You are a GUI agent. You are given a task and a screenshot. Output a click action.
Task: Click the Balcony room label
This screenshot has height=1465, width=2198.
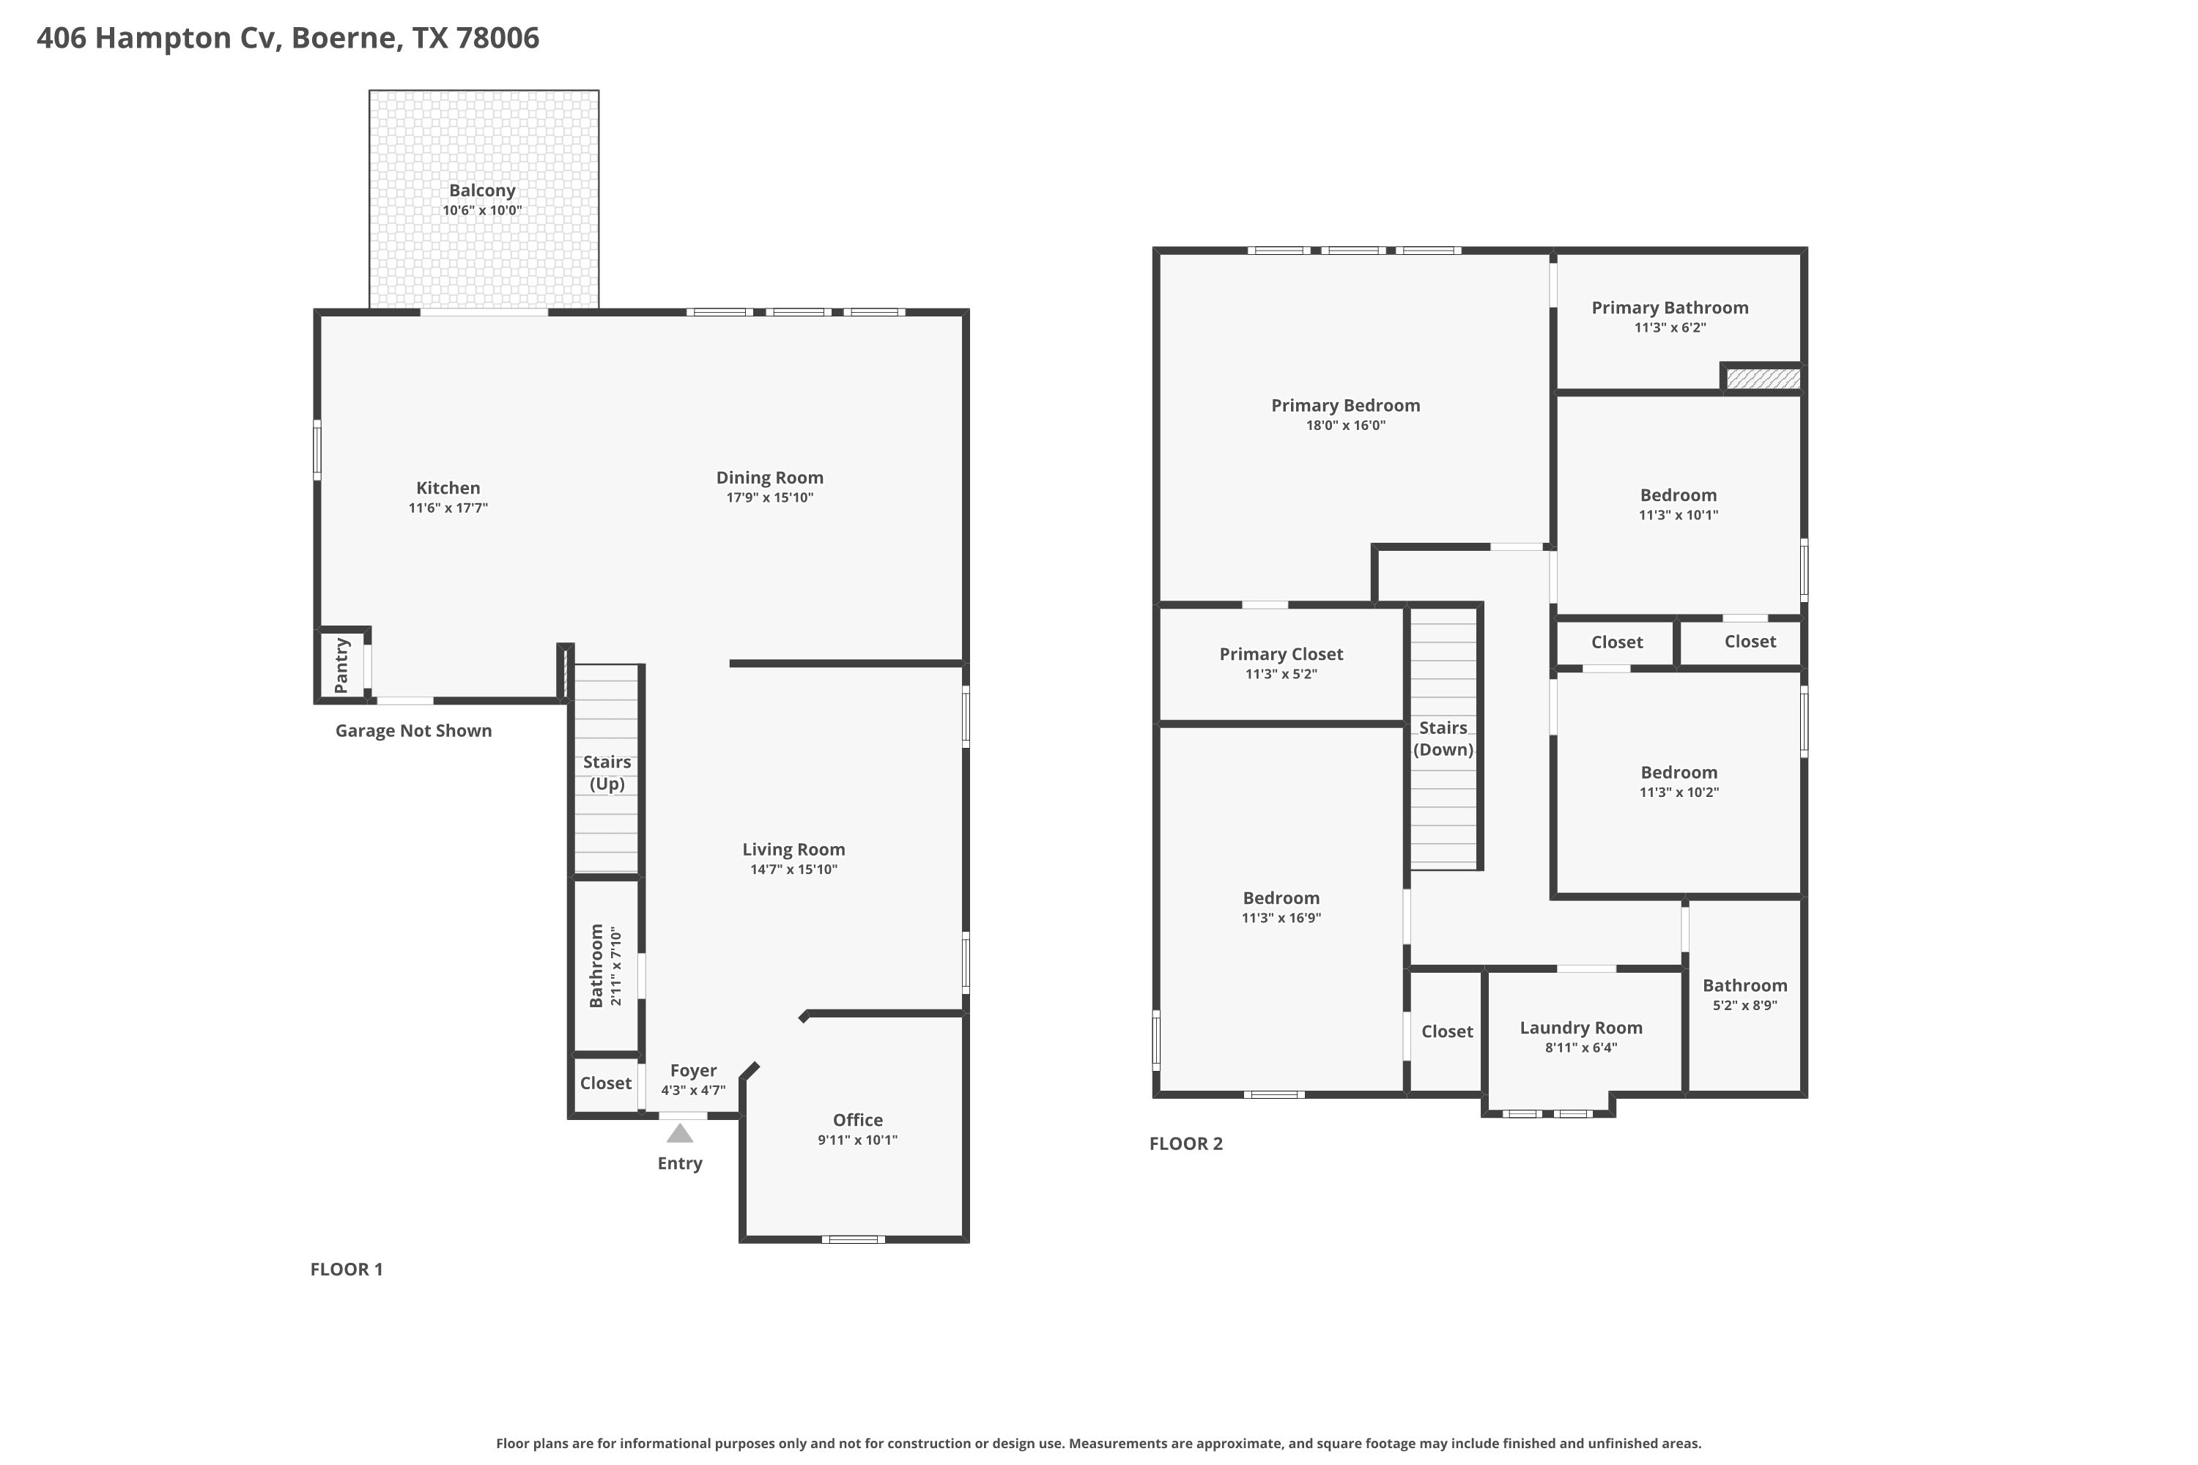click(482, 190)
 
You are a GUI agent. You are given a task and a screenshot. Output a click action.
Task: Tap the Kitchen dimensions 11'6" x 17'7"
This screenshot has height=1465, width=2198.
click(448, 508)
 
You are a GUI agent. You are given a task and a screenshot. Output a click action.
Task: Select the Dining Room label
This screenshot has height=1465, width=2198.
click(769, 478)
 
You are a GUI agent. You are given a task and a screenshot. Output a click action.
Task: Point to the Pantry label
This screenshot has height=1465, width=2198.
click(341, 665)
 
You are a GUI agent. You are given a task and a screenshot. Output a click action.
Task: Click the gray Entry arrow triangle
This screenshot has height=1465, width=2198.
click(679, 1133)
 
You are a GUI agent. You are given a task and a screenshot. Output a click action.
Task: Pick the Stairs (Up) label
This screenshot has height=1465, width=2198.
click(607, 773)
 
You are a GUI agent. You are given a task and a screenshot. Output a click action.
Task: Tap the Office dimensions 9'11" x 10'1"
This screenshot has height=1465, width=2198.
click(858, 1140)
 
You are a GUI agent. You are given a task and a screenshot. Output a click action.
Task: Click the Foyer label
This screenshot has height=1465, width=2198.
click(693, 1071)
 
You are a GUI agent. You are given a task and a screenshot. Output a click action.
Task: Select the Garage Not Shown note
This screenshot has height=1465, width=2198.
click(413, 730)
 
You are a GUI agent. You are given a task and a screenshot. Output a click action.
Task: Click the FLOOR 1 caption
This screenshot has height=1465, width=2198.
click(347, 1269)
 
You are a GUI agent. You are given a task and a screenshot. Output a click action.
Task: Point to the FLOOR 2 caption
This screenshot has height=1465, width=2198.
click(1186, 1143)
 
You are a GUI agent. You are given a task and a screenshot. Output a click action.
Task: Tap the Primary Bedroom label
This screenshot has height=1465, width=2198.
click(1346, 406)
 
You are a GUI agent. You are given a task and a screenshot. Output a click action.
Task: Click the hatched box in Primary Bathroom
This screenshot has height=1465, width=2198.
click(1763, 379)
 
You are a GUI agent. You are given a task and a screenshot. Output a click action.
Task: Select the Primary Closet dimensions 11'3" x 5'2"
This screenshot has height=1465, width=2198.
click(1281, 675)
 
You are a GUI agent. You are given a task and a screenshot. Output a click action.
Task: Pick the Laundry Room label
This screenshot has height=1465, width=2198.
click(1581, 1028)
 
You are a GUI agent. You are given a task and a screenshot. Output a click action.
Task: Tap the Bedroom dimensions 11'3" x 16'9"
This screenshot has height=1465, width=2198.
click(1281, 919)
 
